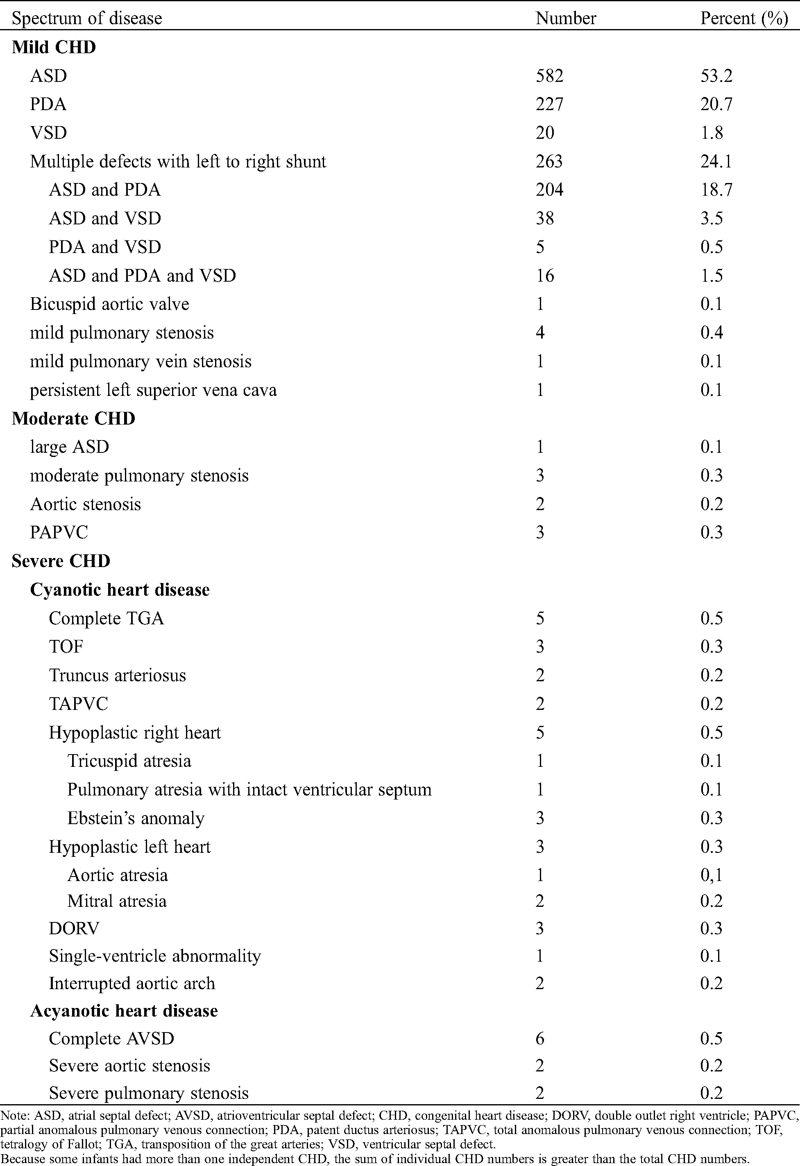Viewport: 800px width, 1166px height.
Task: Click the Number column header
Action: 566,18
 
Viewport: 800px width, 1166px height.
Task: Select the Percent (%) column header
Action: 744,18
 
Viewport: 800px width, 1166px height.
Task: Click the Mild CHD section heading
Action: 54,47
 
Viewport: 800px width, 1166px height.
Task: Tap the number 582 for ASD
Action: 550,76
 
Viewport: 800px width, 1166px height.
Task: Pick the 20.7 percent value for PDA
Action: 716,104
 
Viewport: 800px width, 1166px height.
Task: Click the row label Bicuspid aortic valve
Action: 109,304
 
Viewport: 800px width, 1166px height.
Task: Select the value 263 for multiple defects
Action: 550,162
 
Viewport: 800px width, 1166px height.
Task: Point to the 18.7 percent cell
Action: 716,190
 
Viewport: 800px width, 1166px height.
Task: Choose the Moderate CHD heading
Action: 73,418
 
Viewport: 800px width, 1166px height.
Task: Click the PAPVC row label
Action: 59,532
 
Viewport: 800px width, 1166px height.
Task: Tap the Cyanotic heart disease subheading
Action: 120,590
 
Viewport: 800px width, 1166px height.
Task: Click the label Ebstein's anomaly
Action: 136,818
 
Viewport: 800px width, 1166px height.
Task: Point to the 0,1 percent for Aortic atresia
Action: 711,875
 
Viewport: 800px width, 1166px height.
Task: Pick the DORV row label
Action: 74,928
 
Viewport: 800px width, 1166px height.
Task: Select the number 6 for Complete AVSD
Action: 540,1039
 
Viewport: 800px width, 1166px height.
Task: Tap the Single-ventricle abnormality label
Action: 154,956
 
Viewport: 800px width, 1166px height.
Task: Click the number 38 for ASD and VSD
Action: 544,218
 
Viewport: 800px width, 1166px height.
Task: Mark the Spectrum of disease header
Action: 87,18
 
